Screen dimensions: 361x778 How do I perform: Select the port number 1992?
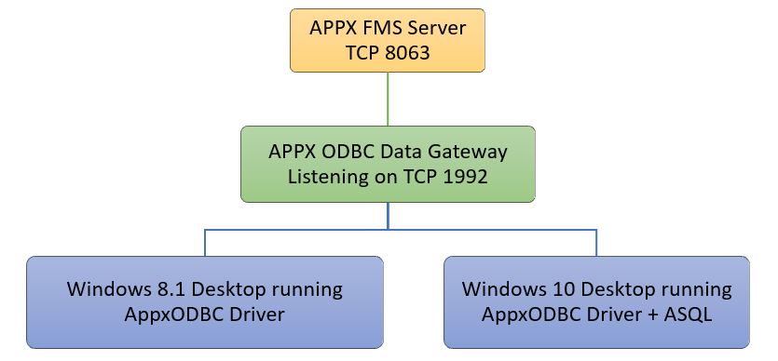point(464,176)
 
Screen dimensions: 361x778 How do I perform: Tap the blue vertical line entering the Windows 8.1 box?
point(204,243)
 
